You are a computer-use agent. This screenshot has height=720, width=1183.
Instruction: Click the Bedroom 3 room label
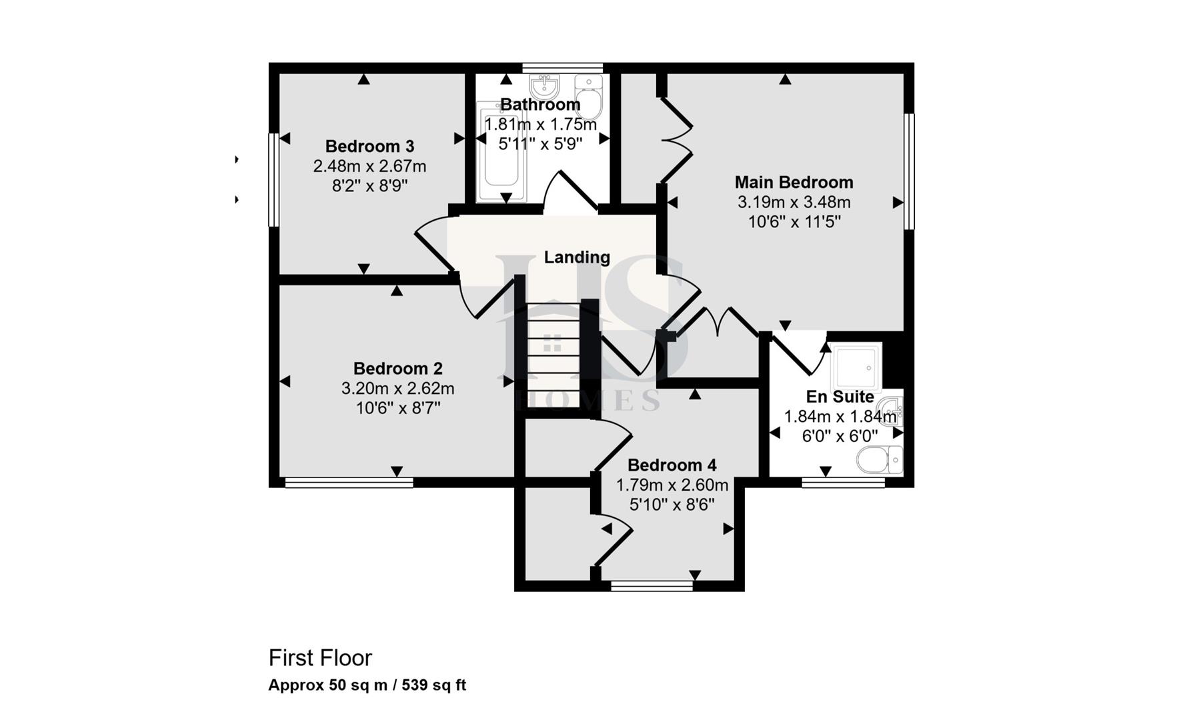point(369,146)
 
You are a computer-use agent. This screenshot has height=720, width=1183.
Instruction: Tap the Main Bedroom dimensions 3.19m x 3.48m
point(794,202)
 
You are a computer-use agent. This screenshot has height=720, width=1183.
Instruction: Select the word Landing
point(577,257)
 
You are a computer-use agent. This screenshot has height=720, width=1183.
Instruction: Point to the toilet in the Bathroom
point(589,97)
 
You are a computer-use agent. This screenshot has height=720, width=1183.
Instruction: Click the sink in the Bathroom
point(544,85)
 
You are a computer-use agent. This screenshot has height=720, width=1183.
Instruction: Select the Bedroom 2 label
point(397,368)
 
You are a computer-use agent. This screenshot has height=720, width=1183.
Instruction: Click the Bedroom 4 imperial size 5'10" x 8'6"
point(672,505)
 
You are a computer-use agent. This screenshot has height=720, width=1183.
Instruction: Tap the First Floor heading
point(320,658)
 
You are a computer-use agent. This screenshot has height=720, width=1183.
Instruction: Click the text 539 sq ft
point(433,685)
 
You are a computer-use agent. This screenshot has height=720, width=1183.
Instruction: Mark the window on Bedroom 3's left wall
point(273,180)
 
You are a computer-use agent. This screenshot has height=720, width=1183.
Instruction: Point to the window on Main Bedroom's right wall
point(909,171)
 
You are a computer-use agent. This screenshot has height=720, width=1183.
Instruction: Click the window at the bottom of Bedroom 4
point(652,586)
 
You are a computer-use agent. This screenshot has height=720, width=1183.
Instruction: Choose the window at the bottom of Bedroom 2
point(349,483)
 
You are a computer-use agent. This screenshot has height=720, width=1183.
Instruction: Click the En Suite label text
point(840,397)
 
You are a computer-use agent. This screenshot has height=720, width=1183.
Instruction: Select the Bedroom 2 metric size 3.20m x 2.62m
point(397,388)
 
